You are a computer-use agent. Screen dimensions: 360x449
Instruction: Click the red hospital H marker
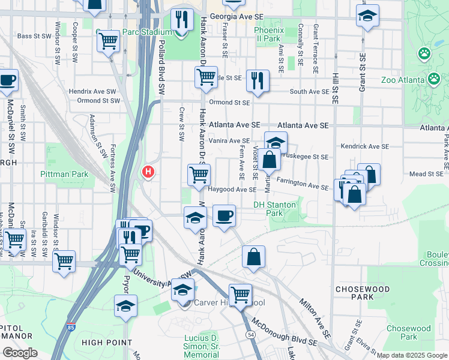pyautogui.click(x=148, y=173)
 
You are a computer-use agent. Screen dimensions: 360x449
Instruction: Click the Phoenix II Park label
pyautogui.click(x=267, y=34)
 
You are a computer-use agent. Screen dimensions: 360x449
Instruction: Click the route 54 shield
pyautogui.click(x=251, y=333)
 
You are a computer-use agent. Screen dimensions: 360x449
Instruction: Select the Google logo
pyautogui.click(x=20, y=353)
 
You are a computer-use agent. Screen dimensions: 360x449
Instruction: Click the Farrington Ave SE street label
pyautogui.click(x=303, y=183)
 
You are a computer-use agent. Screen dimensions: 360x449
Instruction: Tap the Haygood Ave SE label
pyautogui.click(x=232, y=190)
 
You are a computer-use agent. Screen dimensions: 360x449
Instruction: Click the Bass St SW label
pyautogui.click(x=33, y=36)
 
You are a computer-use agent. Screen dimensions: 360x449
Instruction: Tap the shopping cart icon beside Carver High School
pyautogui.click(x=240, y=295)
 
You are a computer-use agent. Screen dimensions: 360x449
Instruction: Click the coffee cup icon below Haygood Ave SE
pyautogui.click(x=224, y=216)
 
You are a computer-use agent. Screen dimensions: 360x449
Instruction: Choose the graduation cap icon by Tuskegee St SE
pyautogui.click(x=276, y=143)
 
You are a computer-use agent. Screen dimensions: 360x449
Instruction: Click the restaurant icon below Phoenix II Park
pyautogui.click(x=258, y=80)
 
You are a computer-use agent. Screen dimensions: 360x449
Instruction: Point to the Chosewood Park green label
pyautogui.click(x=409, y=332)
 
